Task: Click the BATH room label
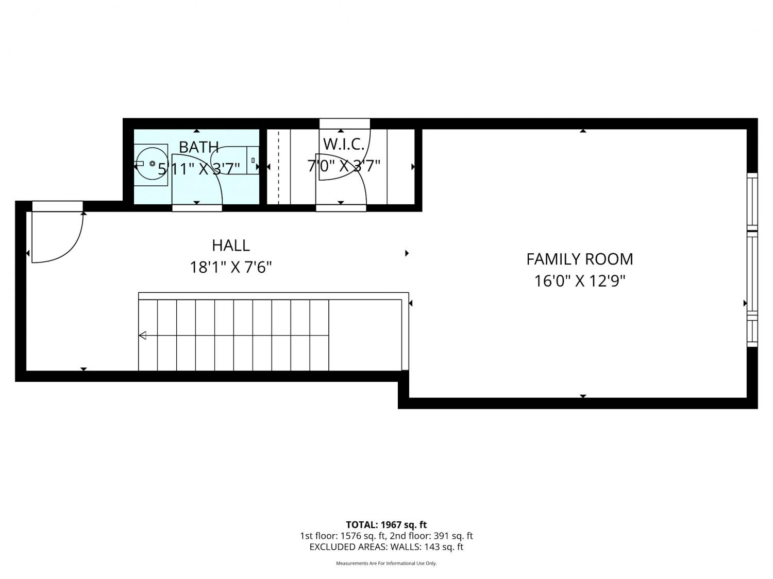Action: pyautogui.click(x=198, y=147)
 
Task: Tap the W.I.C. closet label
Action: pyautogui.click(x=343, y=145)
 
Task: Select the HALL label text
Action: pyautogui.click(x=231, y=245)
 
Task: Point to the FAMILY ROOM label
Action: pyautogui.click(x=580, y=259)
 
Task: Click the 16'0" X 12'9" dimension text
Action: pyautogui.click(x=580, y=281)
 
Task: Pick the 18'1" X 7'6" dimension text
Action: pyautogui.click(x=231, y=267)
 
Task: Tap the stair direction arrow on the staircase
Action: pyautogui.click(x=143, y=336)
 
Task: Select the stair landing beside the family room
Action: pyautogui.click(x=365, y=335)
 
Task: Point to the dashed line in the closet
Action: pyautogui.click(x=279, y=167)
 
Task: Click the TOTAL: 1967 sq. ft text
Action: pyautogui.click(x=386, y=525)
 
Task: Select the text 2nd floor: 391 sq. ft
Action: pyautogui.click(x=431, y=536)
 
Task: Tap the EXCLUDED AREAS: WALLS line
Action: pyautogui.click(x=386, y=547)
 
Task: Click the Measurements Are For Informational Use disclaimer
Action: pyautogui.click(x=386, y=563)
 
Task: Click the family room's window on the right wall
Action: pyautogui.click(x=752, y=260)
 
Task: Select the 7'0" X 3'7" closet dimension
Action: pyautogui.click(x=344, y=166)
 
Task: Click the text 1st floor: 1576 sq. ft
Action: pyautogui.click(x=343, y=536)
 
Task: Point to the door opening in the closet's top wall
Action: pyautogui.click(x=344, y=124)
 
